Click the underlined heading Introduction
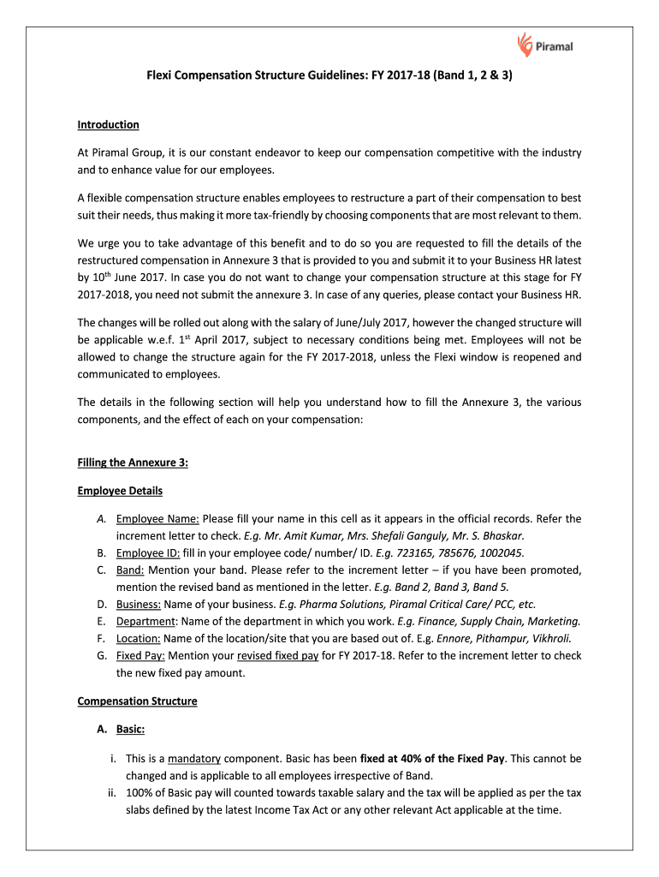click(x=108, y=125)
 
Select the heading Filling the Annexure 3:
click(x=133, y=462)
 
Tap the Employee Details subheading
click(x=120, y=492)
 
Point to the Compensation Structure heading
click(x=137, y=701)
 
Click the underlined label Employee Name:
click(x=157, y=519)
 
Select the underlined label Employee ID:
click(x=148, y=552)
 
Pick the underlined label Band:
click(x=130, y=570)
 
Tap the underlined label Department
click(x=147, y=621)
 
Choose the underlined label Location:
click(x=139, y=638)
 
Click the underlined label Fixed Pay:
click(x=141, y=655)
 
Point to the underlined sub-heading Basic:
click(x=130, y=730)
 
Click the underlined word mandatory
click(x=194, y=759)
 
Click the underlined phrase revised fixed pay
click(x=277, y=655)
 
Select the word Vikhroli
click(x=551, y=638)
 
